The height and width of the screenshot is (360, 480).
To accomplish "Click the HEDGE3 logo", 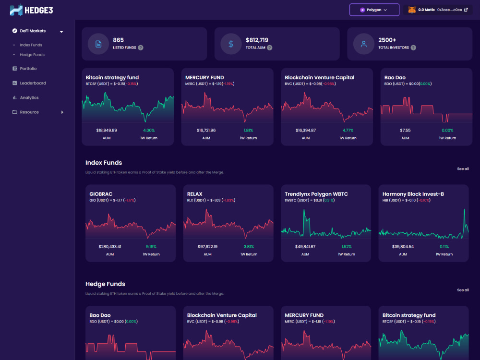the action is (x=31, y=10).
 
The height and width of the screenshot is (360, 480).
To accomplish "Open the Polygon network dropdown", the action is (x=374, y=10).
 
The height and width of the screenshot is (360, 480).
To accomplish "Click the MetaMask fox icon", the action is (x=412, y=10).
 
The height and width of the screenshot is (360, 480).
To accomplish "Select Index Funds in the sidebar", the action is (x=31, y=45).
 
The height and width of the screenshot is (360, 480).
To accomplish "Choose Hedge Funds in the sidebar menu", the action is (x=32, y=55).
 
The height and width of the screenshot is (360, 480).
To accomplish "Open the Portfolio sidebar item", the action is (x=28, y=69).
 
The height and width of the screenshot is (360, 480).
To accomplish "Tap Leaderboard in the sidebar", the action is (x=33, y=83).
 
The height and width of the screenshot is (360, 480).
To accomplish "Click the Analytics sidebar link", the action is (x=29, y=97).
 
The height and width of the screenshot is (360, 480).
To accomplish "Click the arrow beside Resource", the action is (x=62, y=112).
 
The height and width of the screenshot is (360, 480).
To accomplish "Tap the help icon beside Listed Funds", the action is (x=141, y=48).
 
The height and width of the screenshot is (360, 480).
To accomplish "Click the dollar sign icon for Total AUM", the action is (x=231, y=44).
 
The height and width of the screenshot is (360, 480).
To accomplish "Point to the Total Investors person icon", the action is (x=364, y=44).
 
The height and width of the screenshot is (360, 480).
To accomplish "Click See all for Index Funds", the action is (x=463, y=168).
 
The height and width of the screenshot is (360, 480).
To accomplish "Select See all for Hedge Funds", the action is (x=463, y=290).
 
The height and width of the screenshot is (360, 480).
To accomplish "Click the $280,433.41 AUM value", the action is (x=110, y=247).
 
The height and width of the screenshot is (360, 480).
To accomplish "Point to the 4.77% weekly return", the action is (x=348, y=131).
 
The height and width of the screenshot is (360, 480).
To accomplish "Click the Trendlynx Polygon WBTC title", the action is (x=316, y=194).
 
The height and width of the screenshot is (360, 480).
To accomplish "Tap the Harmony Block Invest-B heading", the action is (x=413, y=194).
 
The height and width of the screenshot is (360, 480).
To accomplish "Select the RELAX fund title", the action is (x=195, y=194).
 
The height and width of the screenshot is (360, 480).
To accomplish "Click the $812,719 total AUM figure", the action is (x=257, y=40).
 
